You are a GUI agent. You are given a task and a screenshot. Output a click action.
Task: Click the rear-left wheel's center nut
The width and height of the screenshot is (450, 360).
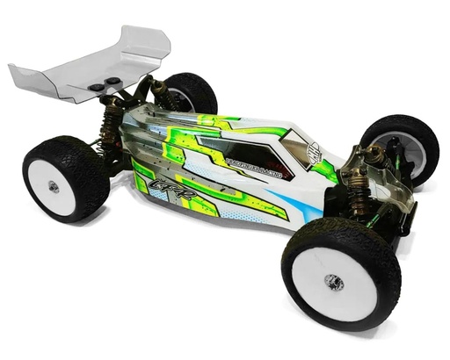pos(54,186)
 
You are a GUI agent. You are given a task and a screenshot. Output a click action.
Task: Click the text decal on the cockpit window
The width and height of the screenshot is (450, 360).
pos(233,161)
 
